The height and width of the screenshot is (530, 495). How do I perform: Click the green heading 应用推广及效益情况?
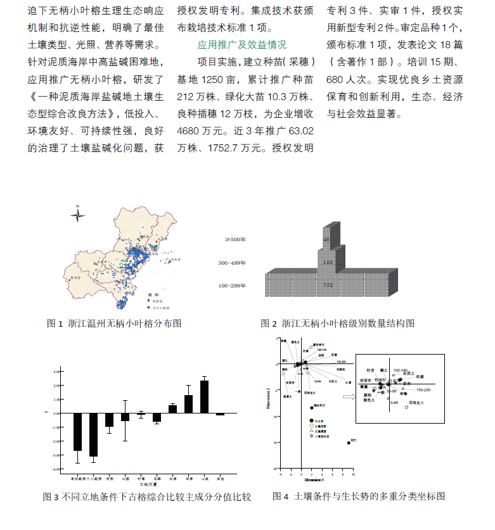pos(242,45)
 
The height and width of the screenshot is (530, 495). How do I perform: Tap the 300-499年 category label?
pos(232,262)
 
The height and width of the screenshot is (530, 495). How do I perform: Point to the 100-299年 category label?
pos(232,286)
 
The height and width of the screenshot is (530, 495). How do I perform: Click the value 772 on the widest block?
pos(328,286)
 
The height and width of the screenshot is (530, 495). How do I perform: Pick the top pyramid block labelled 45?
pos(326,239)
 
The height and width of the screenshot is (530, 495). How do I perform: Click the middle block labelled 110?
pos(328,262)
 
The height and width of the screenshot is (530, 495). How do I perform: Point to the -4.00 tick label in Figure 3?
pos(56,469)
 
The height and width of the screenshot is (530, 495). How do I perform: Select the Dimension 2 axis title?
pos(269,398)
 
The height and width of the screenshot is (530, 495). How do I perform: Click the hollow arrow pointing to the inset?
pos(347,397)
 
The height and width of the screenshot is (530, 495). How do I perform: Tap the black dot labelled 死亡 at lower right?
pos(349,443)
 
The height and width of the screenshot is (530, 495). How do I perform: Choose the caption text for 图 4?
pos(359,496)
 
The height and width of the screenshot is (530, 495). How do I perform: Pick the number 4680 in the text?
pos(190,132)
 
